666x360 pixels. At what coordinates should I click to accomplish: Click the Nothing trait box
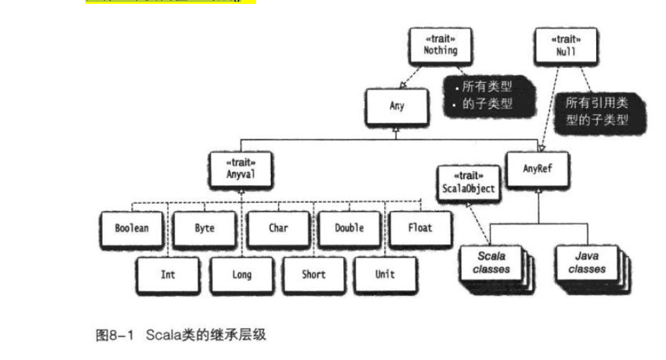(x=440, y=46)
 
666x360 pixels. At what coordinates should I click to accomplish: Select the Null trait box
(x=566, y=46)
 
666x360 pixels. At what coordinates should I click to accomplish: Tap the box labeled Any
(x=397, y=107)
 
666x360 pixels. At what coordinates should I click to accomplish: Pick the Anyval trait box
(x=241, y=170)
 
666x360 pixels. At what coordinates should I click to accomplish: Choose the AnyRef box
(x=538, y=170)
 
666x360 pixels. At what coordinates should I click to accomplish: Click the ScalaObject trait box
(x=469, y=184)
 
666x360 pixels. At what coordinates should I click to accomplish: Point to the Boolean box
(x=132, y=229)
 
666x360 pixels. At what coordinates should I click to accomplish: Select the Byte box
(x=205, y=229)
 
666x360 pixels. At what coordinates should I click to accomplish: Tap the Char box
(x=279, y=229)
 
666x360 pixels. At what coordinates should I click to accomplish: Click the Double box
(x=350, y=229)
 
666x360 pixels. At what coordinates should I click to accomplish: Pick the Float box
(x=420, y=229)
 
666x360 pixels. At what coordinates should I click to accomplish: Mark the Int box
(x=168, y=275)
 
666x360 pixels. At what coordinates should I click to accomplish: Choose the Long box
(x=242, y=275)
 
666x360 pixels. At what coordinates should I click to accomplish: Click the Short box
(x=314, y=275)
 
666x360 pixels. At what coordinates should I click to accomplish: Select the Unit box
(x=385, y=275)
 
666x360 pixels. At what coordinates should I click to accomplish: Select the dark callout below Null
(x=600, y=112)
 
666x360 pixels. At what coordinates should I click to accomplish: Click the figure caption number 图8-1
(x=114, y=335)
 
